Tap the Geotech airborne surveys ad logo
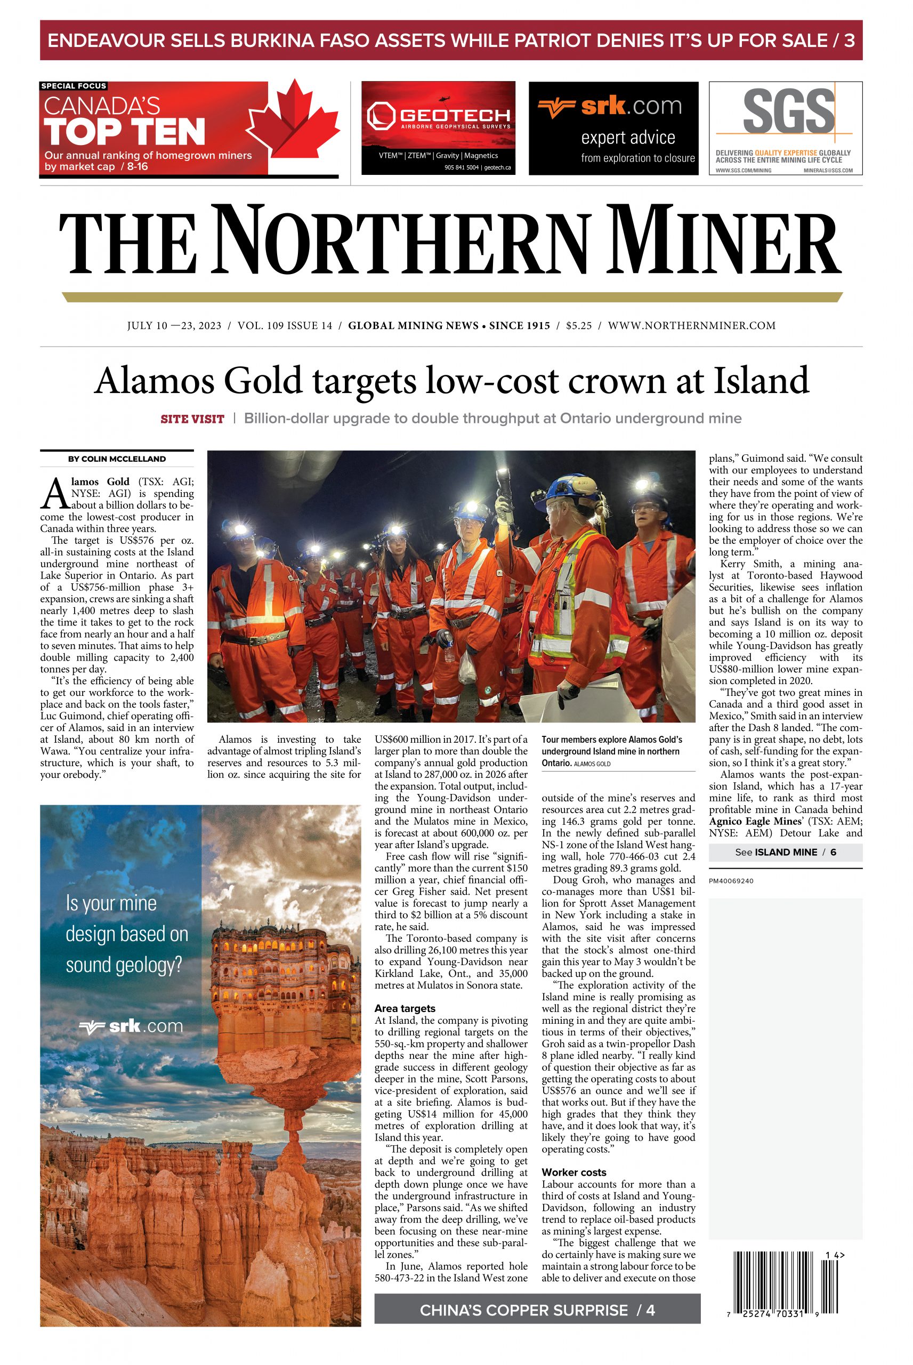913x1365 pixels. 438,116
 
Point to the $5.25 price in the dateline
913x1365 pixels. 578,326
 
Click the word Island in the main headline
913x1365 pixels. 761,380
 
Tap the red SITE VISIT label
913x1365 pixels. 192,419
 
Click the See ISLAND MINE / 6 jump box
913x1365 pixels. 785,853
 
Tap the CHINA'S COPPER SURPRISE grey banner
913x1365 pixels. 537,1310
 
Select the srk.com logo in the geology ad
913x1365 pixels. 131,1026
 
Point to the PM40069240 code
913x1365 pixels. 731,881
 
